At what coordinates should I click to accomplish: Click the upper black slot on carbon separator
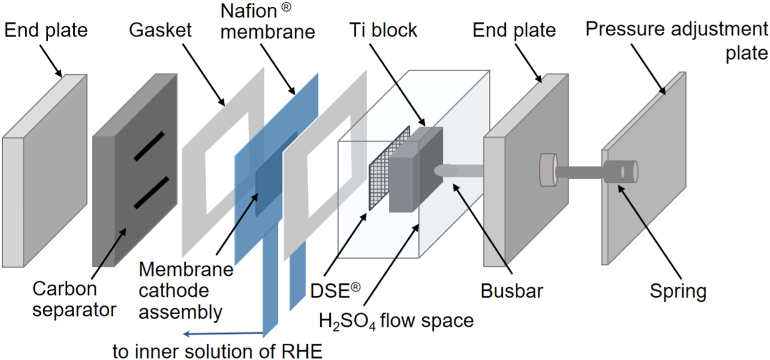coord(149,146)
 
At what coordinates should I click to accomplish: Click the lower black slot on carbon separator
coord(151,193)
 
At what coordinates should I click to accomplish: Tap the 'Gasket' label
coord(160,30)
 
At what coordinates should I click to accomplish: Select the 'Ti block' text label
coord(383,30)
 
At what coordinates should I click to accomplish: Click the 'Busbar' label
coord(511,291)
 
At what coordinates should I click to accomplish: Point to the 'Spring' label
coord(678,291)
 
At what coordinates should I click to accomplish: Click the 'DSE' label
coord(335,291)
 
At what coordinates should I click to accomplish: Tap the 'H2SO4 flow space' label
coord(396,321)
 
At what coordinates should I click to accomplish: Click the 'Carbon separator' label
coord(74,299)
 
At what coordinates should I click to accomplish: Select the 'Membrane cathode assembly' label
coord(185,291)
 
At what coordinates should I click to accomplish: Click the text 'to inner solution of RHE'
coord(217,351)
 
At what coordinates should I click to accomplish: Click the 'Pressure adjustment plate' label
coord(677,41)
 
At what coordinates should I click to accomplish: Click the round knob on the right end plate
coord(548,169)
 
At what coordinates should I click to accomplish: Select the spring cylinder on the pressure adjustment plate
coord(621,172)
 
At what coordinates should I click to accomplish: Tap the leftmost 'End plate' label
coord(46,30)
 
